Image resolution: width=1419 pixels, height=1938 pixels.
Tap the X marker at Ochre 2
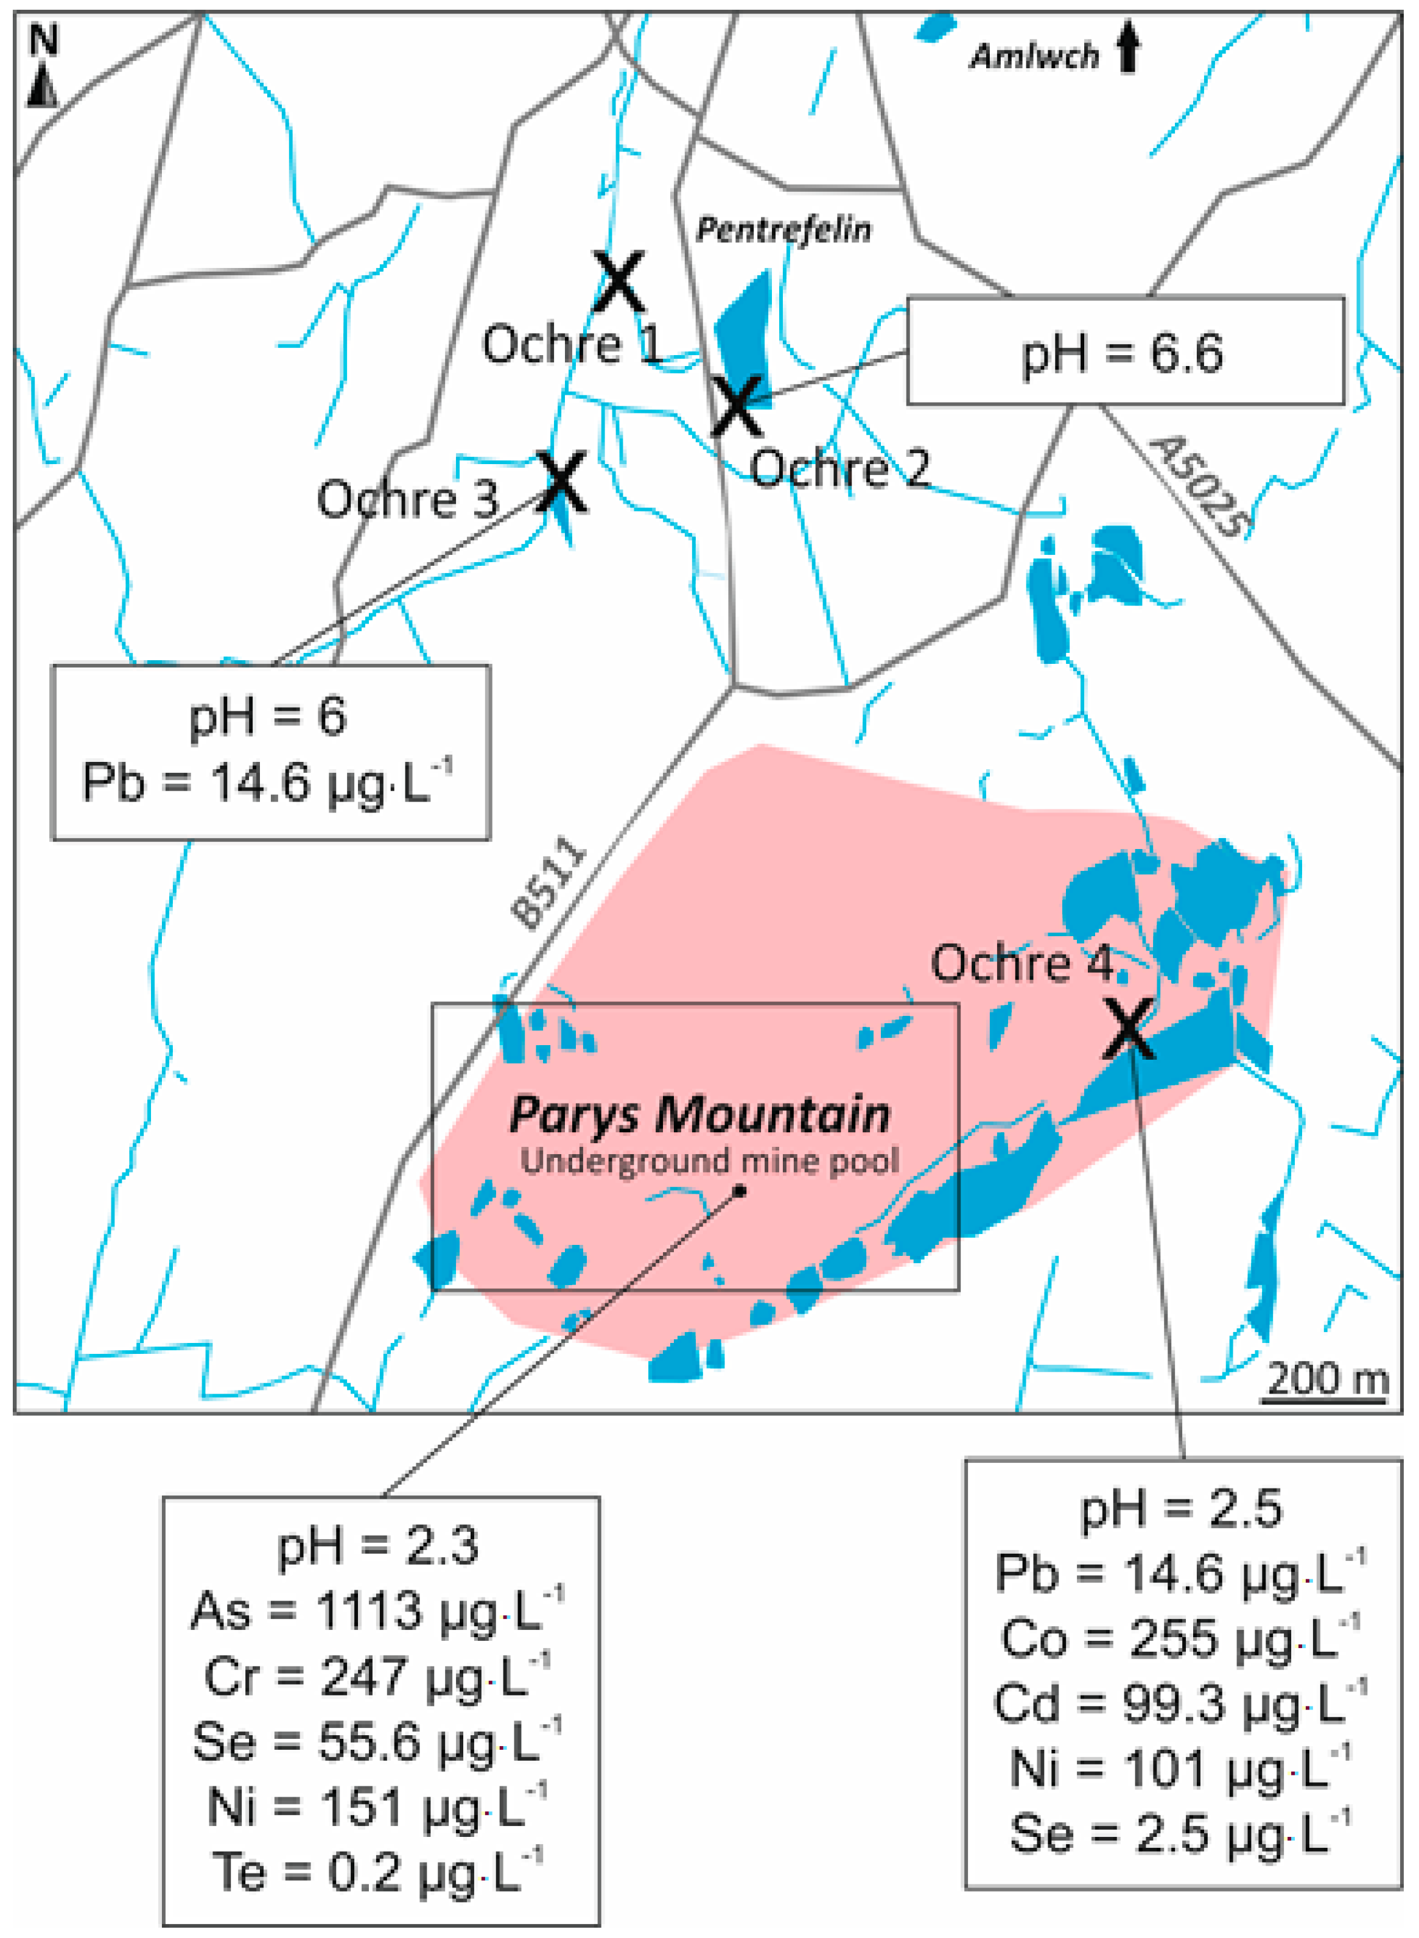(x=736, y=406)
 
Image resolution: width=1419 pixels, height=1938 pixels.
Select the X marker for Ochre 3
(x=562, y=482)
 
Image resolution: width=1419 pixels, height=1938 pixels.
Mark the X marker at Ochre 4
(x=1129, y=1028)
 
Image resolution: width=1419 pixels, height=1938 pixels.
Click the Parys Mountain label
(x=699, y=1115)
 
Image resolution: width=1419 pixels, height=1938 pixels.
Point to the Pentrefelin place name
(x=783, y=230)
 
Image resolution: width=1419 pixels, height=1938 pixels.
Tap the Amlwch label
(x=1034, y=57)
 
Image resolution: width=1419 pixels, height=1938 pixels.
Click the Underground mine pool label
(x=710, y=1161)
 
